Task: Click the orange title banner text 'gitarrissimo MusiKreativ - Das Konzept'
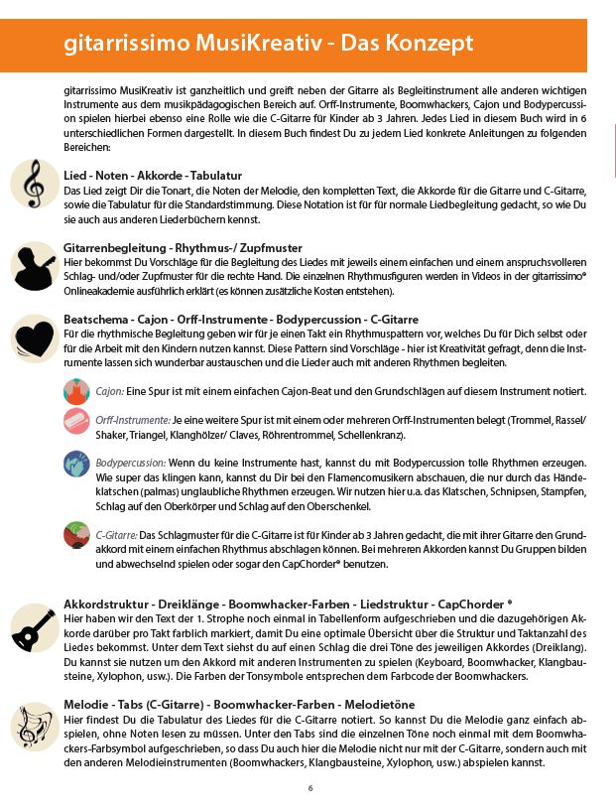[x=268, y=44]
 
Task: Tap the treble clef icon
[x=35, y=183]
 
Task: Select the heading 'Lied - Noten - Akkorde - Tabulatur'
[x=152, y=175]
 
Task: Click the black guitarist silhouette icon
[x=35, y=264]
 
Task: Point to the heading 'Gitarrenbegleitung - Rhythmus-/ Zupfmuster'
[x=183, y=247]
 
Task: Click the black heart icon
[x=35, y=337]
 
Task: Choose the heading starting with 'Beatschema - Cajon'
[x=227, y=320]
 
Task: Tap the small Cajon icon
[x=75, y=390]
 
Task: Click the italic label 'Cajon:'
[x=110, y=392]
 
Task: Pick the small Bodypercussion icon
[x=75, y=464]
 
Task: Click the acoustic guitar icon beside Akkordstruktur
[x=35, y=628]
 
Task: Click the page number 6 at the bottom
[x=310, y=789]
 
